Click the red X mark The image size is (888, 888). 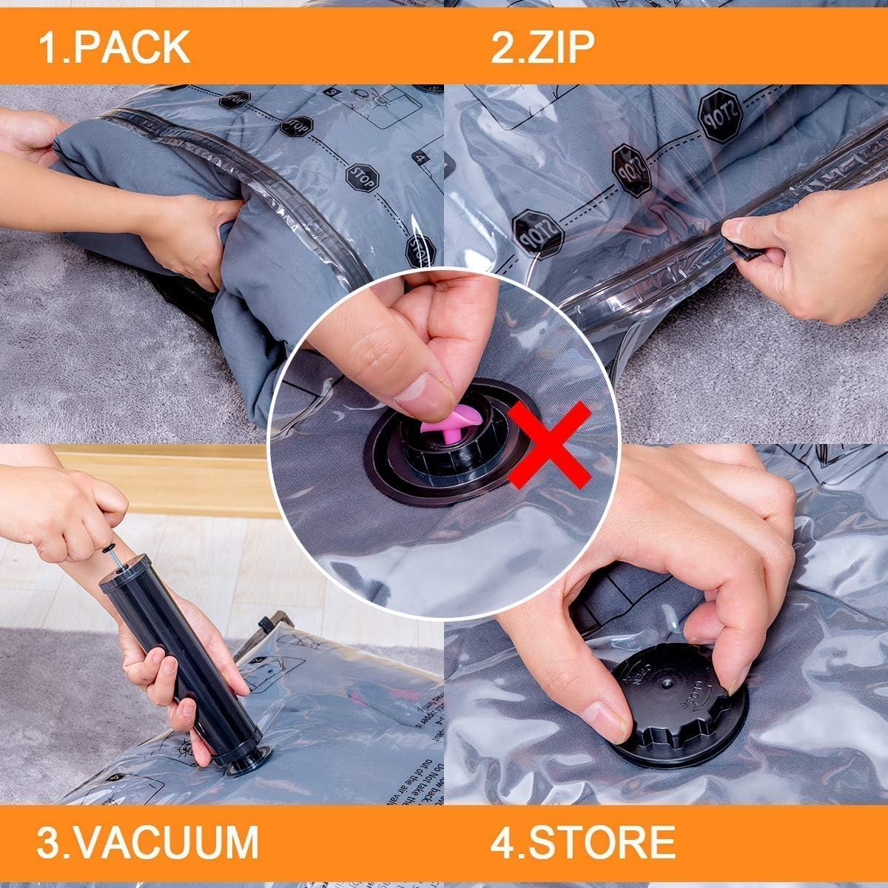pyautogui.click(x=549, y=444)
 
